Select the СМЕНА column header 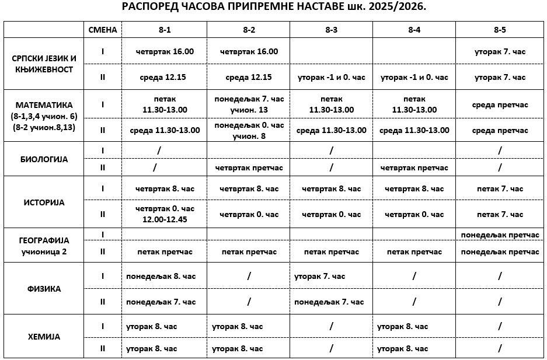[x=103, y=29]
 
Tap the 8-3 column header [x=332, y=29]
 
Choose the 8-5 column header [x=499, y=29]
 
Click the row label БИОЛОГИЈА [x=44, y=158]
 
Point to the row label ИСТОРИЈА [x=44, y=202]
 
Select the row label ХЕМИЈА [x=44, y=337]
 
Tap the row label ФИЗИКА [x=44, y=289]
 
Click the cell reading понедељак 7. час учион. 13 [x=249, y=104]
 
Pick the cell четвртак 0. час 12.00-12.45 [x=165, y=214]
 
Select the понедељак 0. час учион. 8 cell [x=249, y=130]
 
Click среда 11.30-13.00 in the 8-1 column [x=164, y=130]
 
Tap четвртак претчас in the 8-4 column [x=414, y=168]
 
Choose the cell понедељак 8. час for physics [x=161, y=276]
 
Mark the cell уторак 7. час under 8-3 [x=320, y=276]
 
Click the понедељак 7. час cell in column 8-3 [x=329, y=302]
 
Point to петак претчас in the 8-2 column [x=249, y=251]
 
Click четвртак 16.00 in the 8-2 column [x=249, y=51]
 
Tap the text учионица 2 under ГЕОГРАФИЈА [x=44, y=251]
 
